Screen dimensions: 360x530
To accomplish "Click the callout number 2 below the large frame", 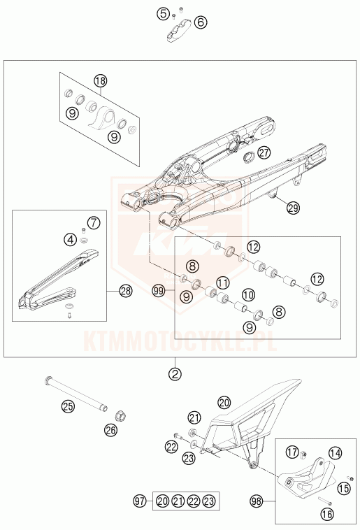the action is (175, 374).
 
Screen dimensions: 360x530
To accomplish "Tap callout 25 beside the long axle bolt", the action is (69, 406).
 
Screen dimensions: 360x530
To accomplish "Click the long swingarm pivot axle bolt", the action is (76, 394).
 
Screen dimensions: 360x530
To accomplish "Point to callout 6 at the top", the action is (201, 22).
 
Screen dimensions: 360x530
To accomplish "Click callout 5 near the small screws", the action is (163, 14).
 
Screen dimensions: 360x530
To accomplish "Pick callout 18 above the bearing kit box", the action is (101, 81).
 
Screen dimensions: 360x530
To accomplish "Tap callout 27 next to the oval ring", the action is (264, 153).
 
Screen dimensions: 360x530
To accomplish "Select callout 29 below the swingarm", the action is (293, 208).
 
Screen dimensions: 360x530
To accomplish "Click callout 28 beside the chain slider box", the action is (125, 291).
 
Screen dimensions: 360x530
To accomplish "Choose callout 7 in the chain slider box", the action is (94, 223).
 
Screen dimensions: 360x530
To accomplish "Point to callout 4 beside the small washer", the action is (70, 240).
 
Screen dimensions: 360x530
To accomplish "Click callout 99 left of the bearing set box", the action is (159, 291).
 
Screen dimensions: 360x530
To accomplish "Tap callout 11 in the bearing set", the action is (223, 282).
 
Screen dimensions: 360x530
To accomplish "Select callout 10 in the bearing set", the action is (248, 295).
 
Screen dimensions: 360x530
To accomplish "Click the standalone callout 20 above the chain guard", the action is (224, 403).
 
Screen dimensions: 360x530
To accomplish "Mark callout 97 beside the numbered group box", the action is (139, 501).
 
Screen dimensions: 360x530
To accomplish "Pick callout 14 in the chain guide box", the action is (335, 453).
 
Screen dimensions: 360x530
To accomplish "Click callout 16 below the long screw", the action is (326, 514).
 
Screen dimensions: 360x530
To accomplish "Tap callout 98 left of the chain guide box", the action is (257, 501).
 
